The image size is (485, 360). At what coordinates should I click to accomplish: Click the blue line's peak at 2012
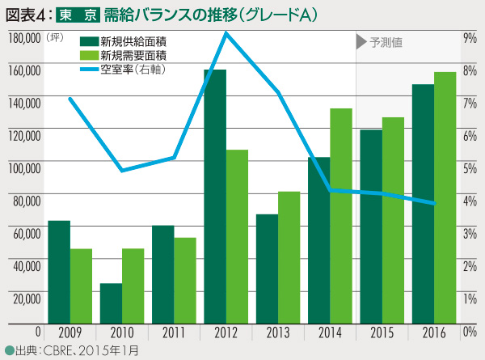click(226, 33)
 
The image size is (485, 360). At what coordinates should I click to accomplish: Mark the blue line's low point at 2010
click(122, 171)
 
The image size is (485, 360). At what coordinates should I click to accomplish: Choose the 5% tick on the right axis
click(469, 168)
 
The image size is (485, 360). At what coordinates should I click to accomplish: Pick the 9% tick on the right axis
click(469, 38)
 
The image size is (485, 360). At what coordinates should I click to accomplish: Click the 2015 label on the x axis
click(382, 332)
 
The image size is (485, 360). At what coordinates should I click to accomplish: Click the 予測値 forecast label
click(387, 42)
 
